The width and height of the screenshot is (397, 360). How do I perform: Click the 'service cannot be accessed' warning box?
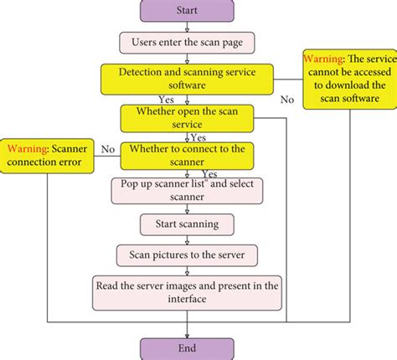coord(348,79)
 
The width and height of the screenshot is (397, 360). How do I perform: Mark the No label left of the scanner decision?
coord(107,148)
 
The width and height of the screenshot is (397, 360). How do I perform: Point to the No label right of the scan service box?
coord(287,99)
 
